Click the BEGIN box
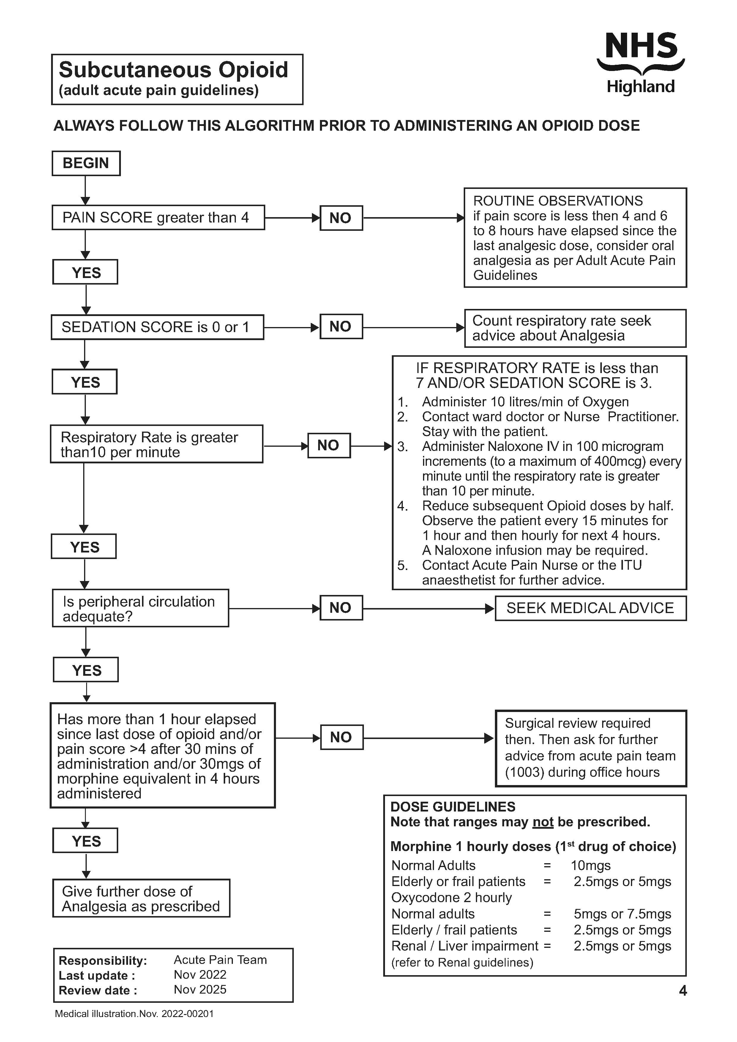tap(86, 163)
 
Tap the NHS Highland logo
tap(640, 63)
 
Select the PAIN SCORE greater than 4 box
tap(158, 217)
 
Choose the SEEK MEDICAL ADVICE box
tap(590, 608)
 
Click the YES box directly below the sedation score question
tap(85, 382)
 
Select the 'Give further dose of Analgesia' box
tap(141, 899)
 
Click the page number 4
tap(683, 990)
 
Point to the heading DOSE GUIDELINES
tap(452, 806)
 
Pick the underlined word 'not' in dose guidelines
tap(543, 822)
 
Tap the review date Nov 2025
tap(200, 989)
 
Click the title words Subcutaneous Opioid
tap(173, 70)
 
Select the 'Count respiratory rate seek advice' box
tap(575, 328)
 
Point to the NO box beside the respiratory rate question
tap(329, 445)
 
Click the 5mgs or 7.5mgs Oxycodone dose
tap(622, 914)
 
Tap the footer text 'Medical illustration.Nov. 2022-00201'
tap(134, 1014)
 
